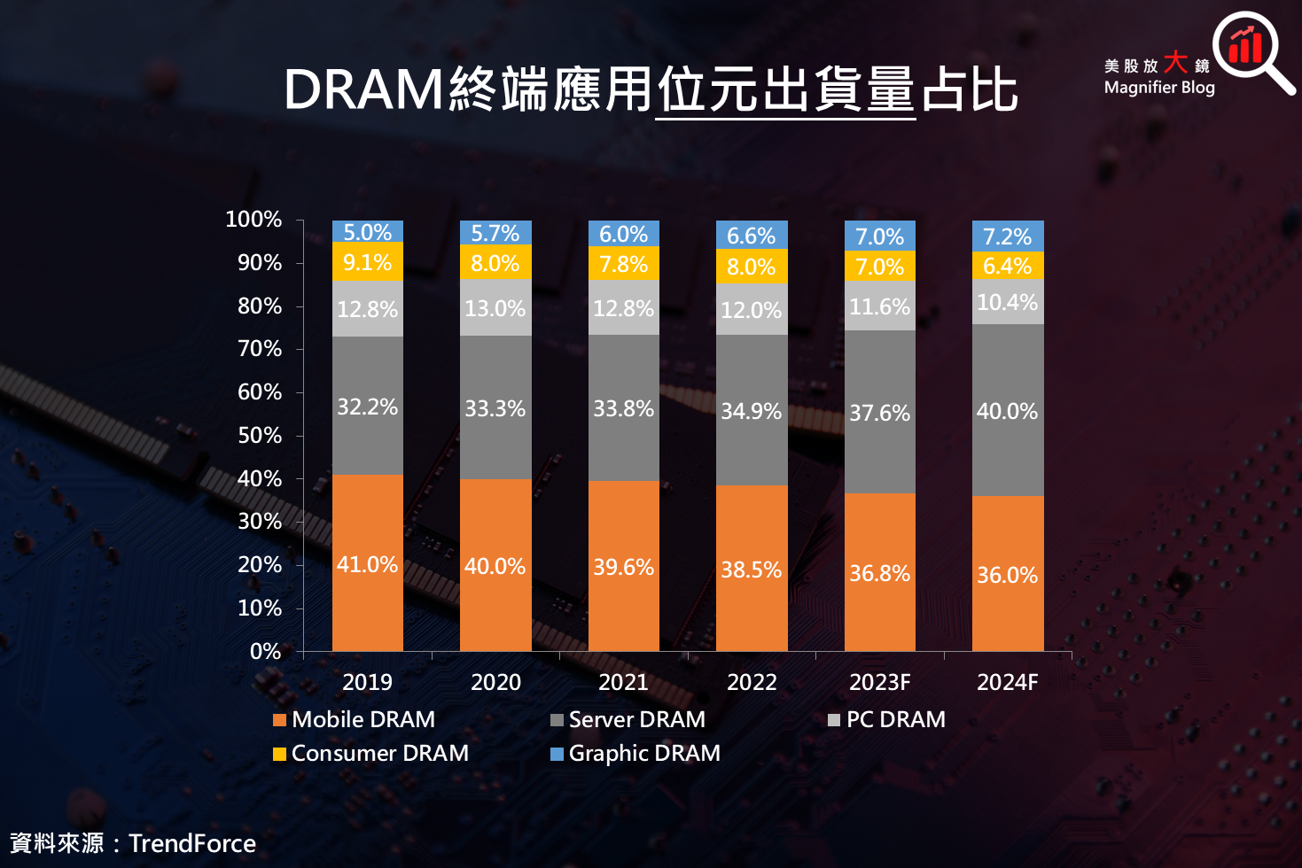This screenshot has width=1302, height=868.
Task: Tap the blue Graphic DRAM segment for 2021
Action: (x=623, y=233)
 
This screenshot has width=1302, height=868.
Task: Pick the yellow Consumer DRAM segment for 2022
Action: (x=752, y=267)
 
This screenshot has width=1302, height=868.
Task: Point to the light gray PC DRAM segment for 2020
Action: (x=495, y=307)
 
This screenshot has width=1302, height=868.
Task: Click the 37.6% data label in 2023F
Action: (x=879, y=413)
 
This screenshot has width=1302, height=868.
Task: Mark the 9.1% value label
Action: (x=367, y=263)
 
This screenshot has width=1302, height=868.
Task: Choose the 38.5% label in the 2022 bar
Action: (x=751, y=570)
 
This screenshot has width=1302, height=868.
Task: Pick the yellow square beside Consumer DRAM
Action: (x=280, y=754)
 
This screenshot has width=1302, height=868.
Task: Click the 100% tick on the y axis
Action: (x=253, y=220)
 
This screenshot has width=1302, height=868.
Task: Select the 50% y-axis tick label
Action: (x=259, y=436)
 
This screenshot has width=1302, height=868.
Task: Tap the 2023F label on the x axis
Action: (x=879, y=682)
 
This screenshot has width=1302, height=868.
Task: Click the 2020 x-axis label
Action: (x=495, y=682)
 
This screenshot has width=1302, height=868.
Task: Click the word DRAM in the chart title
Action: (x=363, y=89)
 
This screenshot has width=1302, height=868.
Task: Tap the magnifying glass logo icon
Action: (x=1251, y=51)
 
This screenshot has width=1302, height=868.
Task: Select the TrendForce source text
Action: (x=192, y=843)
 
